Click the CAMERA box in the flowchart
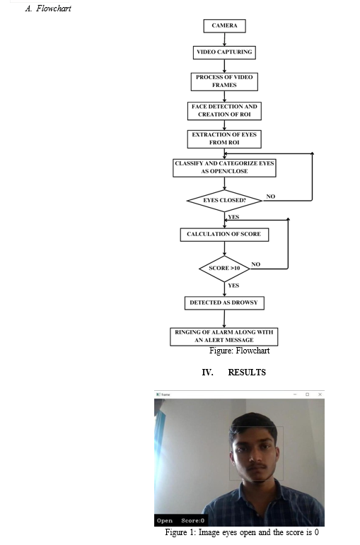coord(224,25)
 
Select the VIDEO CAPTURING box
coord(224,52)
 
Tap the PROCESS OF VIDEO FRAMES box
coord(224,81)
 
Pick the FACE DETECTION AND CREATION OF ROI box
coord(224,110)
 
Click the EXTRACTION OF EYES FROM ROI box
coord(224,139)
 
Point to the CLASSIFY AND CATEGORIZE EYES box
coord(224,168)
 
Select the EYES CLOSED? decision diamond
coord(224,201)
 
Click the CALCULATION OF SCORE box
coord(224,234)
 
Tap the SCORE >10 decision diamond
coord(224,269)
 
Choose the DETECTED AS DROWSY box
coord(224,303)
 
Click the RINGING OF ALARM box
coord(224,336)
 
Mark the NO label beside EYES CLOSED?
coord(271,197)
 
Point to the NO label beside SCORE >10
coord(255,264)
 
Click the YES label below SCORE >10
coord(233,286)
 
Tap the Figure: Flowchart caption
coord(239,351)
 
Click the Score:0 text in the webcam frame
coord(192,520)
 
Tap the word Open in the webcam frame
coord(165,520)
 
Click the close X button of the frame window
coord(320,394)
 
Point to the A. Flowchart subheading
coord(48,8)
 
